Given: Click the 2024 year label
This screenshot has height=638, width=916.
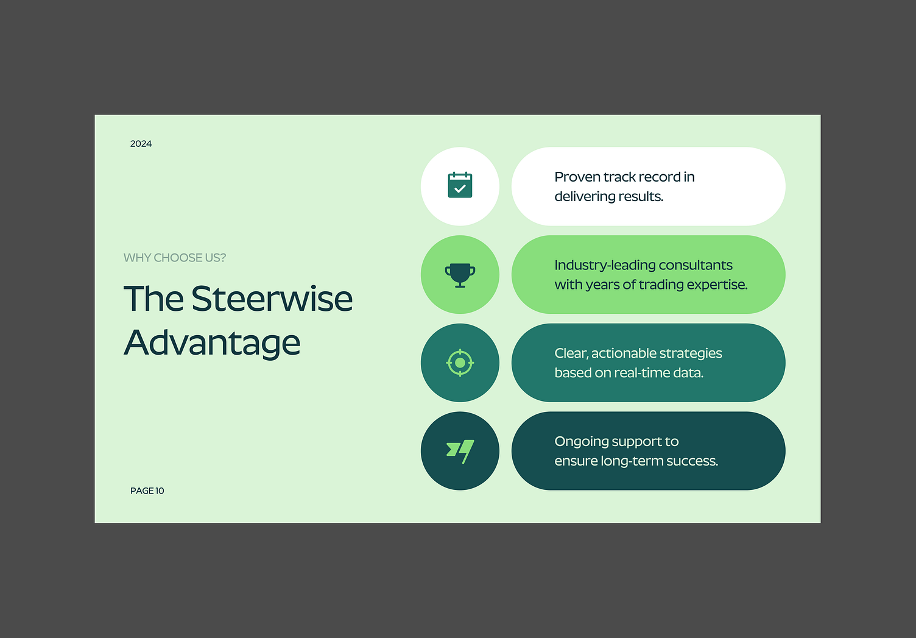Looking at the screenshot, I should tap(141, 144).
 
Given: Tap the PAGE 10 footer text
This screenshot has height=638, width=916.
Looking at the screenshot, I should tap(147, 491).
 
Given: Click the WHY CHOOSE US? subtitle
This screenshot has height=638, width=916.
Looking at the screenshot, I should tap(174, 258).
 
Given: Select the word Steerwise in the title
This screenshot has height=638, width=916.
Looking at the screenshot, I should tap(272, 299).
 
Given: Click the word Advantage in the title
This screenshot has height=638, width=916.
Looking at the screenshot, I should tap(212, 342).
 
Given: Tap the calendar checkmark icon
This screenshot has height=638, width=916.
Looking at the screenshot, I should tap(460, 185).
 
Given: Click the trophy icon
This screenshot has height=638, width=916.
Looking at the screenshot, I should tap(460, 275).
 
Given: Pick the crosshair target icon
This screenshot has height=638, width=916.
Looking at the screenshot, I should tap(460, 363).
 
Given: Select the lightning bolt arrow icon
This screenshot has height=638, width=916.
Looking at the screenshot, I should tap(460, 451).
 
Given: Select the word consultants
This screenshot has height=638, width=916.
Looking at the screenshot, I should tap(696, 266).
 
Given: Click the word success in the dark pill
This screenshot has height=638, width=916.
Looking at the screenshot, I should tap(692, 461).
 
